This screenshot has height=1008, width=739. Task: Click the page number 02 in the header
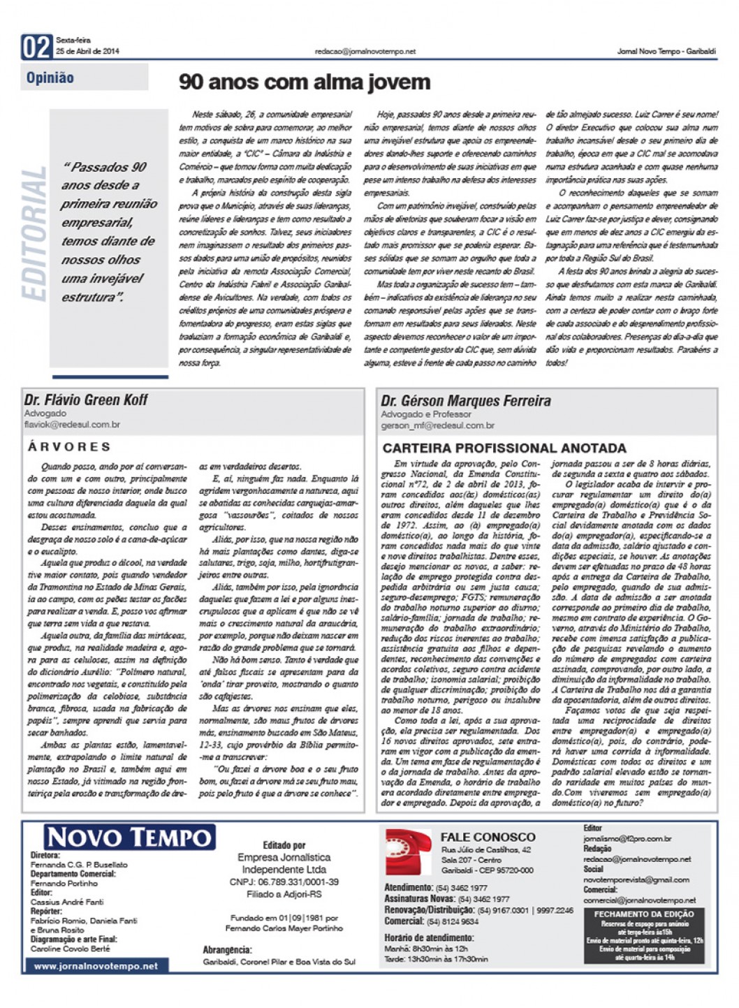pyautogui.click(x=36, y=48)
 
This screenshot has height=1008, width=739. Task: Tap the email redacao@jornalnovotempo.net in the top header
pyautogui.click(x=365, y=52)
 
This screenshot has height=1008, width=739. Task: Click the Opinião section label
pyautogui.click(x=50, y=78)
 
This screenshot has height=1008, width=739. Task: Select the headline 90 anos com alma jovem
pyautogui.click(x=305, y=82)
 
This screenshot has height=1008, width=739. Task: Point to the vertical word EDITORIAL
pyautogui.click(x=34, y=234)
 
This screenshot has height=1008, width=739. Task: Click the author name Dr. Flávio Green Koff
pyautogui.click(x=86, y=400)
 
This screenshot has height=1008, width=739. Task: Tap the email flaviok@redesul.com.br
pyautogui.click(x=72, y=425)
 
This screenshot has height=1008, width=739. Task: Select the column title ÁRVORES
pyautogui.click(x=69, y=446)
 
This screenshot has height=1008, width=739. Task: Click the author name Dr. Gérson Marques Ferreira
pyautogui.click(x=466, y=401)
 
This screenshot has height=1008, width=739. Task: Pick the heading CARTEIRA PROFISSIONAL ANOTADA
pyautogui.click(x=504, y=448)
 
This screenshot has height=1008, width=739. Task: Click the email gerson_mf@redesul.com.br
pyautogui.click(x=438, y=425)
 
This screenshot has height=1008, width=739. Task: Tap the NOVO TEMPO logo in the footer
pyautogui.click(x=129, y=838)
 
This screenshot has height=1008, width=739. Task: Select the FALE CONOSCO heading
pyautogui.click(x=488, y=837)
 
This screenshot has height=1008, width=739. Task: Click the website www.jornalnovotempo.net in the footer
pyautogui.click(x=96, y=966)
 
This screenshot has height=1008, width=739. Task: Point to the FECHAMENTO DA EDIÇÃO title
pyautogui.click(x=643, y=914)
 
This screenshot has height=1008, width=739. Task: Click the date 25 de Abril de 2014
pyautogui.click(x=88, y=52)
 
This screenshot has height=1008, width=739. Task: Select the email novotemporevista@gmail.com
pyautogui.click(x=636, y=879)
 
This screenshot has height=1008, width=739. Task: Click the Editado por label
pyautogui.click(x=284, y=845)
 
